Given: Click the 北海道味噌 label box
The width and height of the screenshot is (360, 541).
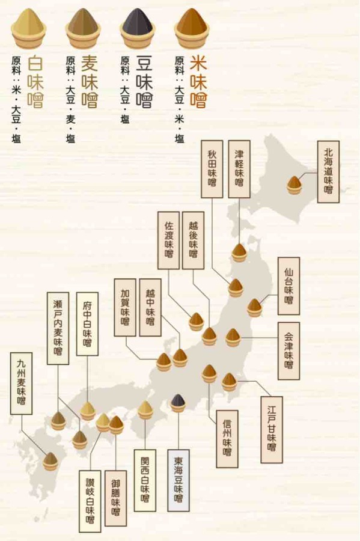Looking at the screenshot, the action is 328,171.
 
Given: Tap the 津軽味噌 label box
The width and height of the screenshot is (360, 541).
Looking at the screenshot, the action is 239,169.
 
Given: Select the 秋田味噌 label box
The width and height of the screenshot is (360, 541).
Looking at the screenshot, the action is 212,169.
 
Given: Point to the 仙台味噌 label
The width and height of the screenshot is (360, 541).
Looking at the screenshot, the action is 288,286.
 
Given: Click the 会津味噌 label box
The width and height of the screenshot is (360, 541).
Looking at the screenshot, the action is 288,351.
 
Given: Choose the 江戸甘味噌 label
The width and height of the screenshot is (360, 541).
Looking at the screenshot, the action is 272,430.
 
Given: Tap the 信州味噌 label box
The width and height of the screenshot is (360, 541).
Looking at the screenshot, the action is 227,439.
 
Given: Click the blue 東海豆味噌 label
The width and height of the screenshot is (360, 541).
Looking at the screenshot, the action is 178,480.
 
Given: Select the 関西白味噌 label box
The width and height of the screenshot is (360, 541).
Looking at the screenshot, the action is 145,480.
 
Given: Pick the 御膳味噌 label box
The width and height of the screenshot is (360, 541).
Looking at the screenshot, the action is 115,498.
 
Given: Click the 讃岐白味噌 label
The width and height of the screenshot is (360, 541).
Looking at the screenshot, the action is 90,501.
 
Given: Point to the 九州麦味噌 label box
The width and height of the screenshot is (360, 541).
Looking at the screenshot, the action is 22,384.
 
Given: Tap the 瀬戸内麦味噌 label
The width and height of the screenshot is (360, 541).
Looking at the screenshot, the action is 58,328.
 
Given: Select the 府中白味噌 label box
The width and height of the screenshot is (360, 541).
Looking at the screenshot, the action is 87,324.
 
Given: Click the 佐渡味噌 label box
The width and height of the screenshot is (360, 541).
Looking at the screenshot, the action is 169,240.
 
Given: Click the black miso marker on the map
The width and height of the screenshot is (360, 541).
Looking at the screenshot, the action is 178,403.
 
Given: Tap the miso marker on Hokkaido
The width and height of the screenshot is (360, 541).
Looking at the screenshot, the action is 294,185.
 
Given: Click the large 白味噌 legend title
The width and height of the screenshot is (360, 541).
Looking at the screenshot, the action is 35,82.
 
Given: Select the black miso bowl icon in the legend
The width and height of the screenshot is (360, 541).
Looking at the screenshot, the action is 137,28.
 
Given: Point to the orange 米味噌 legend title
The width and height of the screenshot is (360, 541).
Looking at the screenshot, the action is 198,82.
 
